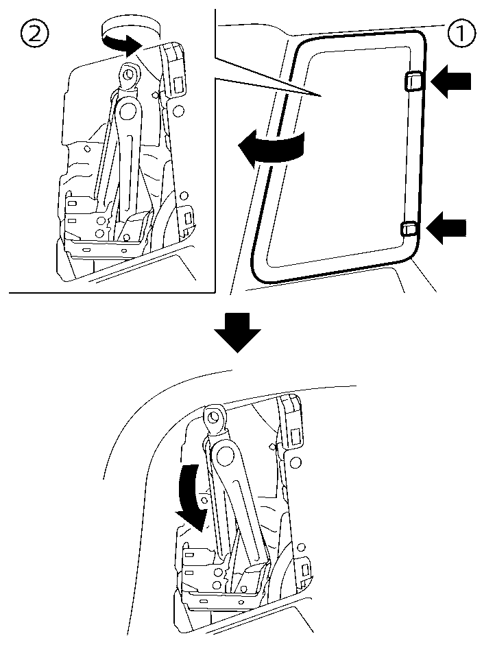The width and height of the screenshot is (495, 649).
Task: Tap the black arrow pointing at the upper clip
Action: click(452, 82)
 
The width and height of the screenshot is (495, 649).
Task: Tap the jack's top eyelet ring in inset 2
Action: click(128, 72)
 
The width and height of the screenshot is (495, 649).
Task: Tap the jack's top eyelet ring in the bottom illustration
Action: click(216, 416)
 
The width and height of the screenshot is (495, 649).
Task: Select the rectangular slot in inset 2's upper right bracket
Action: click(178, 84)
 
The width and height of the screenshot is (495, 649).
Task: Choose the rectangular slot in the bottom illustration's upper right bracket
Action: click(296, 436)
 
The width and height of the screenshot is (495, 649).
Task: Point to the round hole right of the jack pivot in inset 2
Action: click(177, 110)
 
